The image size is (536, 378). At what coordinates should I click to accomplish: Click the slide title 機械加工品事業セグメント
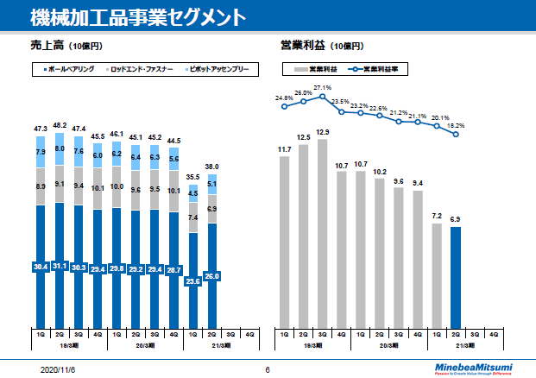click(135, 16)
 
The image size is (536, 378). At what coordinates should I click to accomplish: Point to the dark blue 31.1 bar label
click(60, 267)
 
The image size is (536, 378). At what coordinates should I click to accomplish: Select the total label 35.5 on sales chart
click(193, 177)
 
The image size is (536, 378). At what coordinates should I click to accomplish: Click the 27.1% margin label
click(323, 88)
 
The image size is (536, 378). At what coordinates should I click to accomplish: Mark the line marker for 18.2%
click(455, 134)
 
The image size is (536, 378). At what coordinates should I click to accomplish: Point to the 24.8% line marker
click(285, 108)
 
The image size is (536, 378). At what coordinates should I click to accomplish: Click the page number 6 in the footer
click(268, 369)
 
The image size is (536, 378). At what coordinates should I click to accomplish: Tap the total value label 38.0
click(211, 167)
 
